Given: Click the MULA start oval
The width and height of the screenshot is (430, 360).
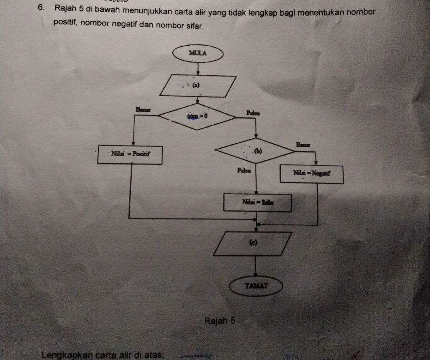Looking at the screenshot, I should (198, 53).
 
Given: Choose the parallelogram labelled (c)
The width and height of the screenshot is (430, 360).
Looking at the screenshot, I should (253, 243).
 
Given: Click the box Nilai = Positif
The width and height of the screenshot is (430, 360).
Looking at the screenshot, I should (131, 153).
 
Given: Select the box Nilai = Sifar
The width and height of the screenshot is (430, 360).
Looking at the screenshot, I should (257, 202).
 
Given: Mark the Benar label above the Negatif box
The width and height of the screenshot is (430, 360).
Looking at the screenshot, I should (303, 145).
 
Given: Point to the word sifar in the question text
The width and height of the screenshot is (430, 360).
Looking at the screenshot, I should (193, 22).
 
